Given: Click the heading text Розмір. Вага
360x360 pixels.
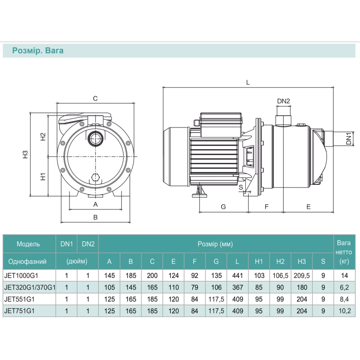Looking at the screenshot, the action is (x=38, y=51).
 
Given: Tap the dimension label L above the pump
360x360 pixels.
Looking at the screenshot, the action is (x=248, y=82).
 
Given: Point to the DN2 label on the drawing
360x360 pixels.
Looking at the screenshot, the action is (x=283, y=101).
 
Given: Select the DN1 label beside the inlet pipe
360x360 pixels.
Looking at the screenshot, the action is (x=349, y=138).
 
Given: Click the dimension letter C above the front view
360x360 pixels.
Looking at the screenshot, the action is (x=95, y=98).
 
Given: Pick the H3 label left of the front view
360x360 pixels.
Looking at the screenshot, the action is (x=25, y=154).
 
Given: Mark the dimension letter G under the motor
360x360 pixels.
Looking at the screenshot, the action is (x=223, y=207).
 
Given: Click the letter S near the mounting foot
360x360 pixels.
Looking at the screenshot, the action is (x=241, y=187).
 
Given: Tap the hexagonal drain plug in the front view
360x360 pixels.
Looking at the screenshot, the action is (x=95, y=177).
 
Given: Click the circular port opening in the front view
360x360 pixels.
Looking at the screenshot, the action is (x=95, y=139).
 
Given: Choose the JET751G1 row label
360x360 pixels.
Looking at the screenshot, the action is (x=19, y=311).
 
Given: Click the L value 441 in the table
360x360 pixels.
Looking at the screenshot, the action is (x=238, y=275).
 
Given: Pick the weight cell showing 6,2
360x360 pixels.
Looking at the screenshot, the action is (x=344, y=287).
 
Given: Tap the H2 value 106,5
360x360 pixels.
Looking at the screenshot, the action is (x=280, y=276).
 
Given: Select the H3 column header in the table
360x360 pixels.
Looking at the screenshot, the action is (x=302, y=261).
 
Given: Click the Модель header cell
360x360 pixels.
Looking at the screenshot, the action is (x=28, y=244).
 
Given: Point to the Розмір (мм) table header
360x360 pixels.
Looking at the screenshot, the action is (x=215, y=244).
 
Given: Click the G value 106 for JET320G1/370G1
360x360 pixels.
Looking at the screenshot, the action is (x=216, y=287).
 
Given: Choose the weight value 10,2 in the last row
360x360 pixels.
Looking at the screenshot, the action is (x=344, y=311).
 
